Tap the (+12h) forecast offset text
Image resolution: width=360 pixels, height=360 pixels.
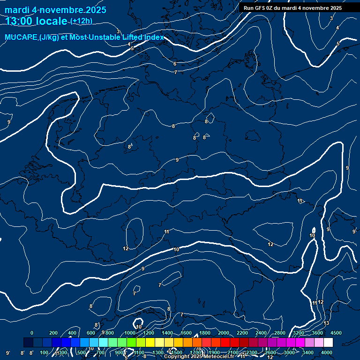point(81,21)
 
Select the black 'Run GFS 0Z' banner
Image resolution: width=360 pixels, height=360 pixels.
point(292,8)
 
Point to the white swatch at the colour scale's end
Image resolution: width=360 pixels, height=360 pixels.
point(328,343)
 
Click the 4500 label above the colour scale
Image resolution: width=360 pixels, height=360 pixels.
point(336,333)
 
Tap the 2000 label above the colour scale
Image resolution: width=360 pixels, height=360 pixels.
point(224,333)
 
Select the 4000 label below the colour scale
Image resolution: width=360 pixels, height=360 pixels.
point(327,352)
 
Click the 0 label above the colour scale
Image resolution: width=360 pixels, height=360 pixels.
point(32,333)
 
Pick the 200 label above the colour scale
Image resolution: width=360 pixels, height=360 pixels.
point(53,333)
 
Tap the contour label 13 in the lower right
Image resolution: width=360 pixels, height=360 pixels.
point(326,323)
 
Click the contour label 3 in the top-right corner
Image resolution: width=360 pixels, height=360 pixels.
point(331,18)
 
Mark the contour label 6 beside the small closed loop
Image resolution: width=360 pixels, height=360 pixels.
point(204,137)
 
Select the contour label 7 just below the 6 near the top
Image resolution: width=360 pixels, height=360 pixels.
point(175,72)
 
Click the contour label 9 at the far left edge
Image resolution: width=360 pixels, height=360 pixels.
point(9,122)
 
